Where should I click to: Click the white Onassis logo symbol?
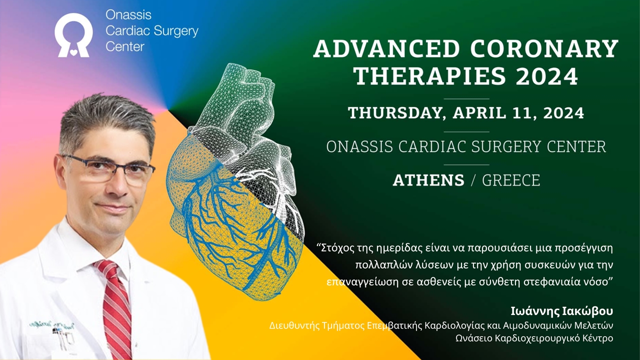(73, 35)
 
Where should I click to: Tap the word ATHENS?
(428, 180)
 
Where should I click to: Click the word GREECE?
(511, 180)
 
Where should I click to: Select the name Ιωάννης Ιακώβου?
(561, 311)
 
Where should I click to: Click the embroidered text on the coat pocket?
(51, 325)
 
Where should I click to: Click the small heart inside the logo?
(73, 52)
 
